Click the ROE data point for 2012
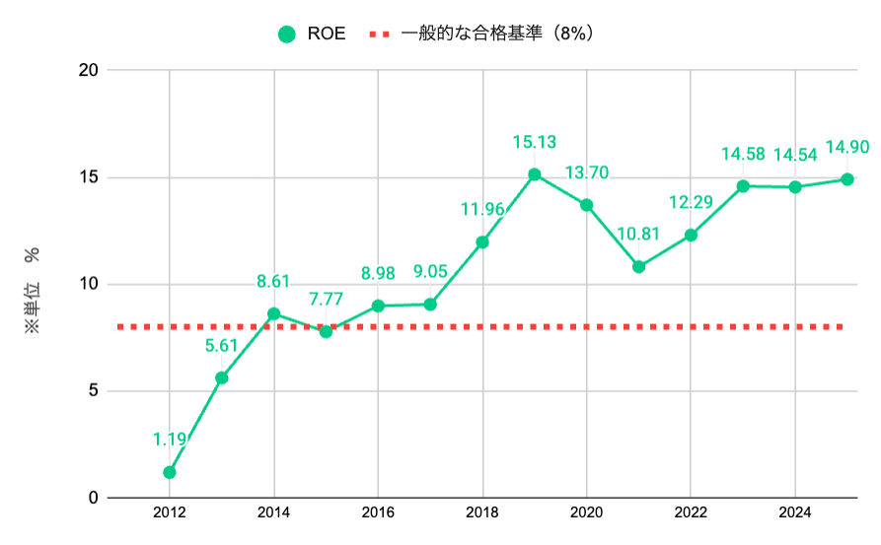point(170,472)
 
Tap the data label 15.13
point(534,142)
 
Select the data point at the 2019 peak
point(534,174)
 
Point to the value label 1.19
point(170,440)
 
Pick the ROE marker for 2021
point(638,266)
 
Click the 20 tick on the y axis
point(90,71)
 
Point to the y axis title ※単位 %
point(33,291)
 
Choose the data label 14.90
point(846,147)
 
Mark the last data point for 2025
point(846,179)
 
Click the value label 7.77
point(326,299)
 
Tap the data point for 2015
point(326,331)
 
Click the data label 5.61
point(222,345)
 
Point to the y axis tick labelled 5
point(93,391)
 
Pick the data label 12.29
point(691,203)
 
